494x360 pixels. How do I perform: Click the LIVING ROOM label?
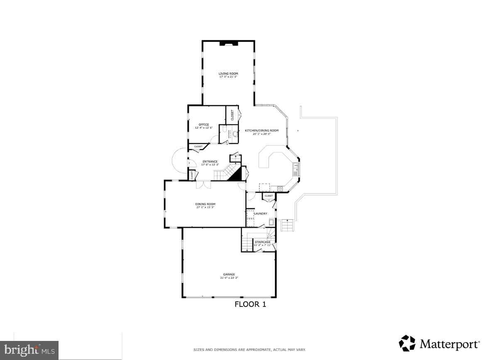point(228,74)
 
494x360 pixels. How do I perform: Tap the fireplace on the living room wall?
point(228,42)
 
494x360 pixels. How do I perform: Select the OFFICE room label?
point(203,124)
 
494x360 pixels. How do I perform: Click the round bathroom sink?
point(235,134)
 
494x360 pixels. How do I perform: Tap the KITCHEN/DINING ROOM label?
point(262,131)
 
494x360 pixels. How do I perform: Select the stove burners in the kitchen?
point(280,188)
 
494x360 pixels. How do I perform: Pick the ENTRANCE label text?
point(210,162)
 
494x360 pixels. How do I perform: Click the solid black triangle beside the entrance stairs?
point(236,175)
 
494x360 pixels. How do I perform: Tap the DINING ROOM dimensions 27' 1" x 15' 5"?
point(205,207)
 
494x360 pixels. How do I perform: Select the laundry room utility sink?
point(271,221)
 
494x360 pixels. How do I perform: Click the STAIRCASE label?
point(262,242)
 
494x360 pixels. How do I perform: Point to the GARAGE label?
point(229,274)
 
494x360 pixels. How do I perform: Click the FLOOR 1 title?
point(250,304)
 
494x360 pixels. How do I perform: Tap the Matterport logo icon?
point(407,343)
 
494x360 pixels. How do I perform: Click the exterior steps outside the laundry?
point(287,226)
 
